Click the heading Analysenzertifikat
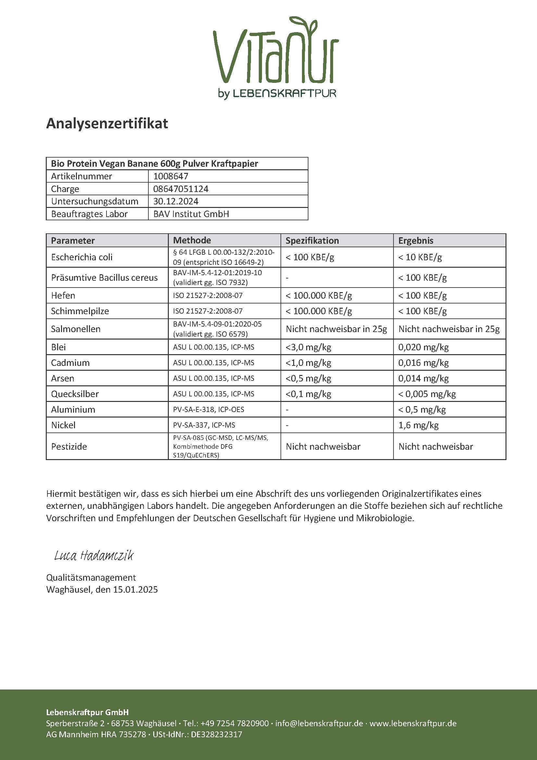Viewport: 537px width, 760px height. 107,123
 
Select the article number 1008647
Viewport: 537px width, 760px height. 171,176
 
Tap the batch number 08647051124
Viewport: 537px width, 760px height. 181,189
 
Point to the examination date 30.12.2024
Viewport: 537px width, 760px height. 176,201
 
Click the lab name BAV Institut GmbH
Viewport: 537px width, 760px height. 191,214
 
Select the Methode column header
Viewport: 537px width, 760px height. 192,240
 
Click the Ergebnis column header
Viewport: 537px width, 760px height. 415,240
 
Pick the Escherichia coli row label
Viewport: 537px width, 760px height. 82,257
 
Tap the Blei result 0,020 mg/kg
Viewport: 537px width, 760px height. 423,347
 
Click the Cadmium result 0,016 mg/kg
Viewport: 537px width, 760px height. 423,363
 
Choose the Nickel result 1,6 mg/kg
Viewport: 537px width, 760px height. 418,425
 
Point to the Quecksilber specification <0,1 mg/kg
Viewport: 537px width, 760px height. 308,394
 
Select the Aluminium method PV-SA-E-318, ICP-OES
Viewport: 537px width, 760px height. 208,409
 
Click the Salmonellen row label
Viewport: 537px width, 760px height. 75,329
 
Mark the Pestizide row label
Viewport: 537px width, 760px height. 69,446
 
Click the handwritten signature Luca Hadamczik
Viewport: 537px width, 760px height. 94,556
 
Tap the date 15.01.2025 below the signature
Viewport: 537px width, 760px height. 135,589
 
